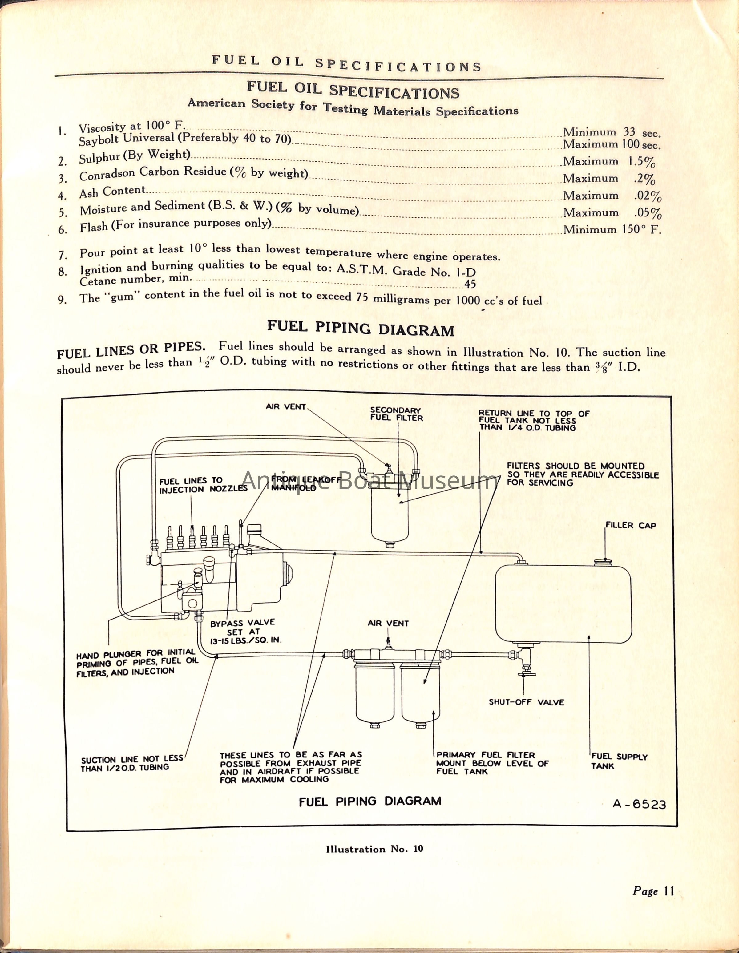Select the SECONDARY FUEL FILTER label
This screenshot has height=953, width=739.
point(396,414)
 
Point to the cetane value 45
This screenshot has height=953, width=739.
point(470,285)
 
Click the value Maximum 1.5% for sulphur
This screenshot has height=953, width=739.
point(609,161)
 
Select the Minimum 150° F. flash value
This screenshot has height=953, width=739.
point(612,229)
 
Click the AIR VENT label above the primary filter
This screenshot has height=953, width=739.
point(388,624)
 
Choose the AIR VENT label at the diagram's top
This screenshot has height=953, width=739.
point(286,407)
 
